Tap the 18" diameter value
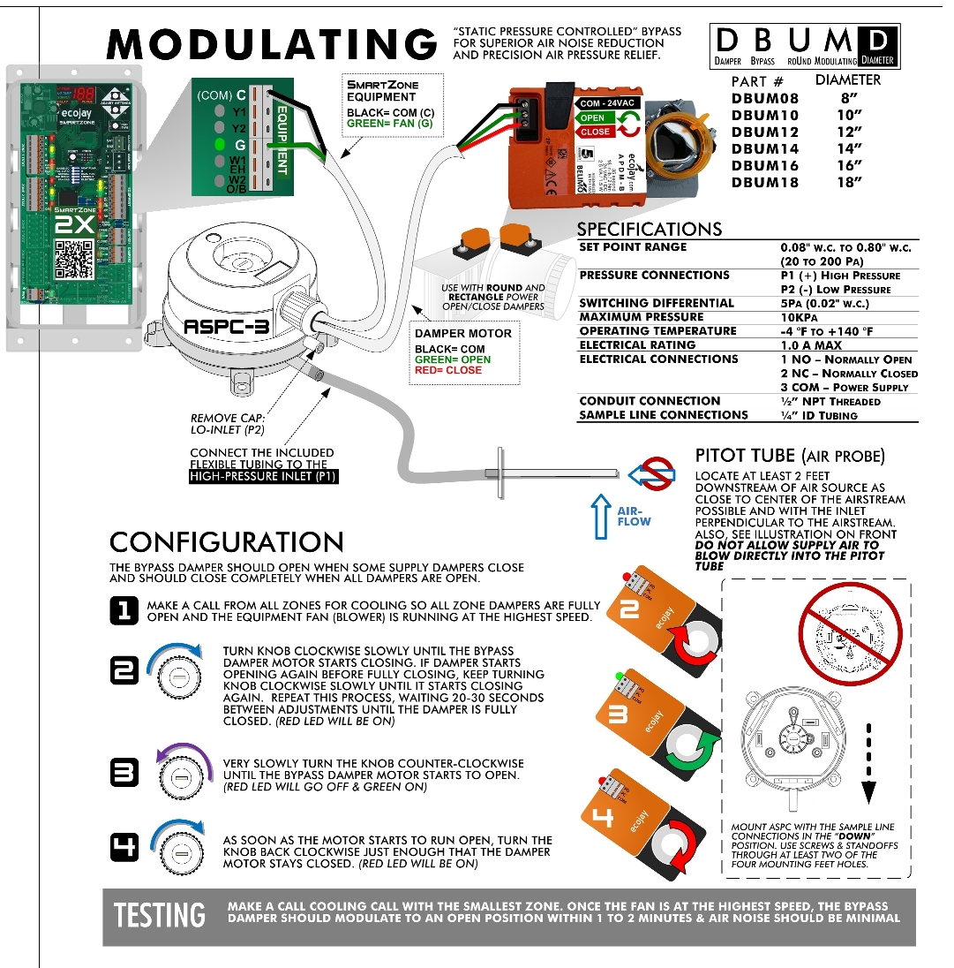click(x=848, y=183)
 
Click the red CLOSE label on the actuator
click(x=595, y=132)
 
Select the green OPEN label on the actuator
click(x=593, y=117)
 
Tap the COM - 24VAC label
click(x=608, y=103)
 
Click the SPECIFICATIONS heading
click(x=649, y=229)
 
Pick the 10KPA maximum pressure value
click(x=800, y=317)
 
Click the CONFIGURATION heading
click(x=226, y=541)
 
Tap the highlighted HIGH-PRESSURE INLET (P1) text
click(x=264, y=477)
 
